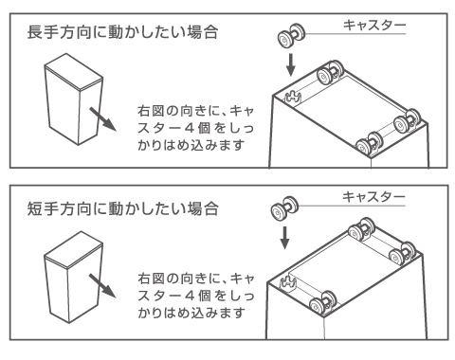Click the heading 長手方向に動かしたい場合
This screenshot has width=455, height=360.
122,32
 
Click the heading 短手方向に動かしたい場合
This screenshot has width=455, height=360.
122,208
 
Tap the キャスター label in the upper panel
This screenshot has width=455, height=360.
374,26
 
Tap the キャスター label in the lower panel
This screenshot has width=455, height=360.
373,196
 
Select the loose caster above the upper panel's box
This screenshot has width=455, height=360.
291,35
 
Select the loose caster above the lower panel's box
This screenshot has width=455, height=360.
284,207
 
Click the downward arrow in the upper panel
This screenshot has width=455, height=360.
291,64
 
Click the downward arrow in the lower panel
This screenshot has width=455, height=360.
284,237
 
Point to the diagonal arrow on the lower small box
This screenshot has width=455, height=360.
102,285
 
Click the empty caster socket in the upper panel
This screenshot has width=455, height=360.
293,97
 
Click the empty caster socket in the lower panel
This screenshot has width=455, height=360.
288,282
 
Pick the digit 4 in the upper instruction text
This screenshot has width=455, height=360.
189,128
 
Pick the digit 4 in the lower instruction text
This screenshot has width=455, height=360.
189,296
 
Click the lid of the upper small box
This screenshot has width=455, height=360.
74,72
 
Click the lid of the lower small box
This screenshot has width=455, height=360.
73,250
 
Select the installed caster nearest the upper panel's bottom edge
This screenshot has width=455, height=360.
369,145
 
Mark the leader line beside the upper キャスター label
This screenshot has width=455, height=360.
355,34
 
